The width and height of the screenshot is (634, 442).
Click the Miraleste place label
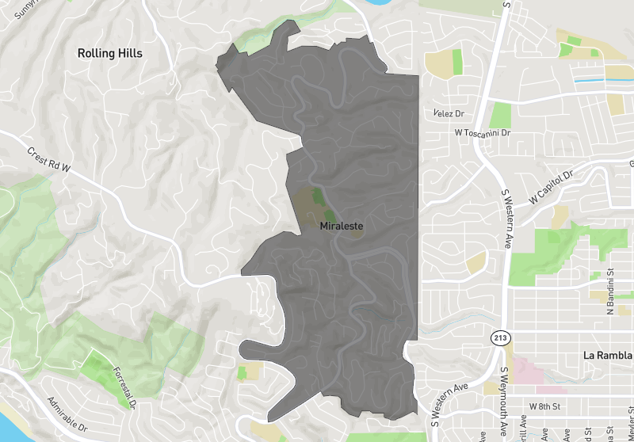pyautogui.click(x=342, y=226)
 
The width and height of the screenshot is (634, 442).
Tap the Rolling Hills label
pyautogui.click(x=110, y=53)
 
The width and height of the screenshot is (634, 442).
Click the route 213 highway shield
pyautogui.click(x=499, y=338)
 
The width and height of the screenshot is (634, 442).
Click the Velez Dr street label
pyautogui.click(x=449, y=114)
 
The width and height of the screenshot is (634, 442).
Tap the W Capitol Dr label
pyautogui.click(x=552, y=186)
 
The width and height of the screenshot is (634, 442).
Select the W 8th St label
pyautogui.click(x=544, y=406)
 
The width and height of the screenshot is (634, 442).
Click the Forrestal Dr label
pyautogui.click(x=124, y=387)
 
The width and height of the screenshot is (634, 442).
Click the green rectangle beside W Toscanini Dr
pyautogui.click(x=500, y=115)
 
